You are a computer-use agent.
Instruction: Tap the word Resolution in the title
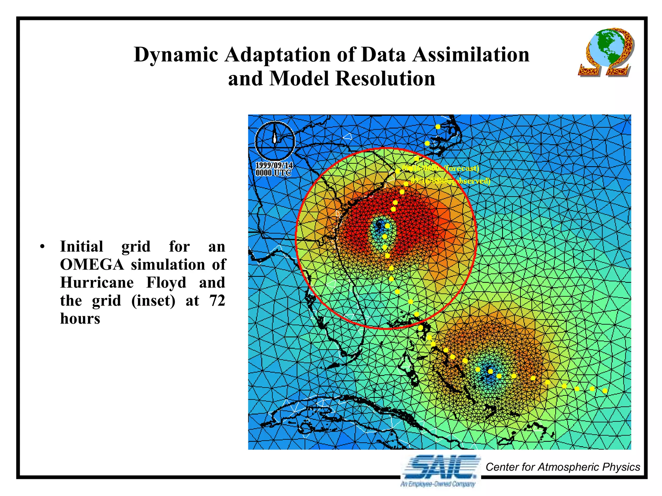tap(385, 79)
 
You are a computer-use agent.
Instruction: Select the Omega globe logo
tap(606, 52)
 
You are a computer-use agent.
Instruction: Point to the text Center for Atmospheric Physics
tap(562, 467)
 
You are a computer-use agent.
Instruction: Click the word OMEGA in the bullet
tap(92, 264)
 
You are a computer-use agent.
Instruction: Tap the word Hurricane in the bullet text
tap(97, 283)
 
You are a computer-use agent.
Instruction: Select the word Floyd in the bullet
tap(166, 283)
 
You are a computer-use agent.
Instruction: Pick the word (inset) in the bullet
tap(153, 301)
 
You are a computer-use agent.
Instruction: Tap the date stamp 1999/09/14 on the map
tap(274, 166)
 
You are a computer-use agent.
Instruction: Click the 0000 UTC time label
tap(273, 173)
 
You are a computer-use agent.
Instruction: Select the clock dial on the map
tap(275, 141)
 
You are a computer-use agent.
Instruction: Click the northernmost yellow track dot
tap(438, 127)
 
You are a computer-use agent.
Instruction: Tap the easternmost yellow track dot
tap(605, 391)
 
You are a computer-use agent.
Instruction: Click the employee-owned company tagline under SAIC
tap(438, 484)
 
